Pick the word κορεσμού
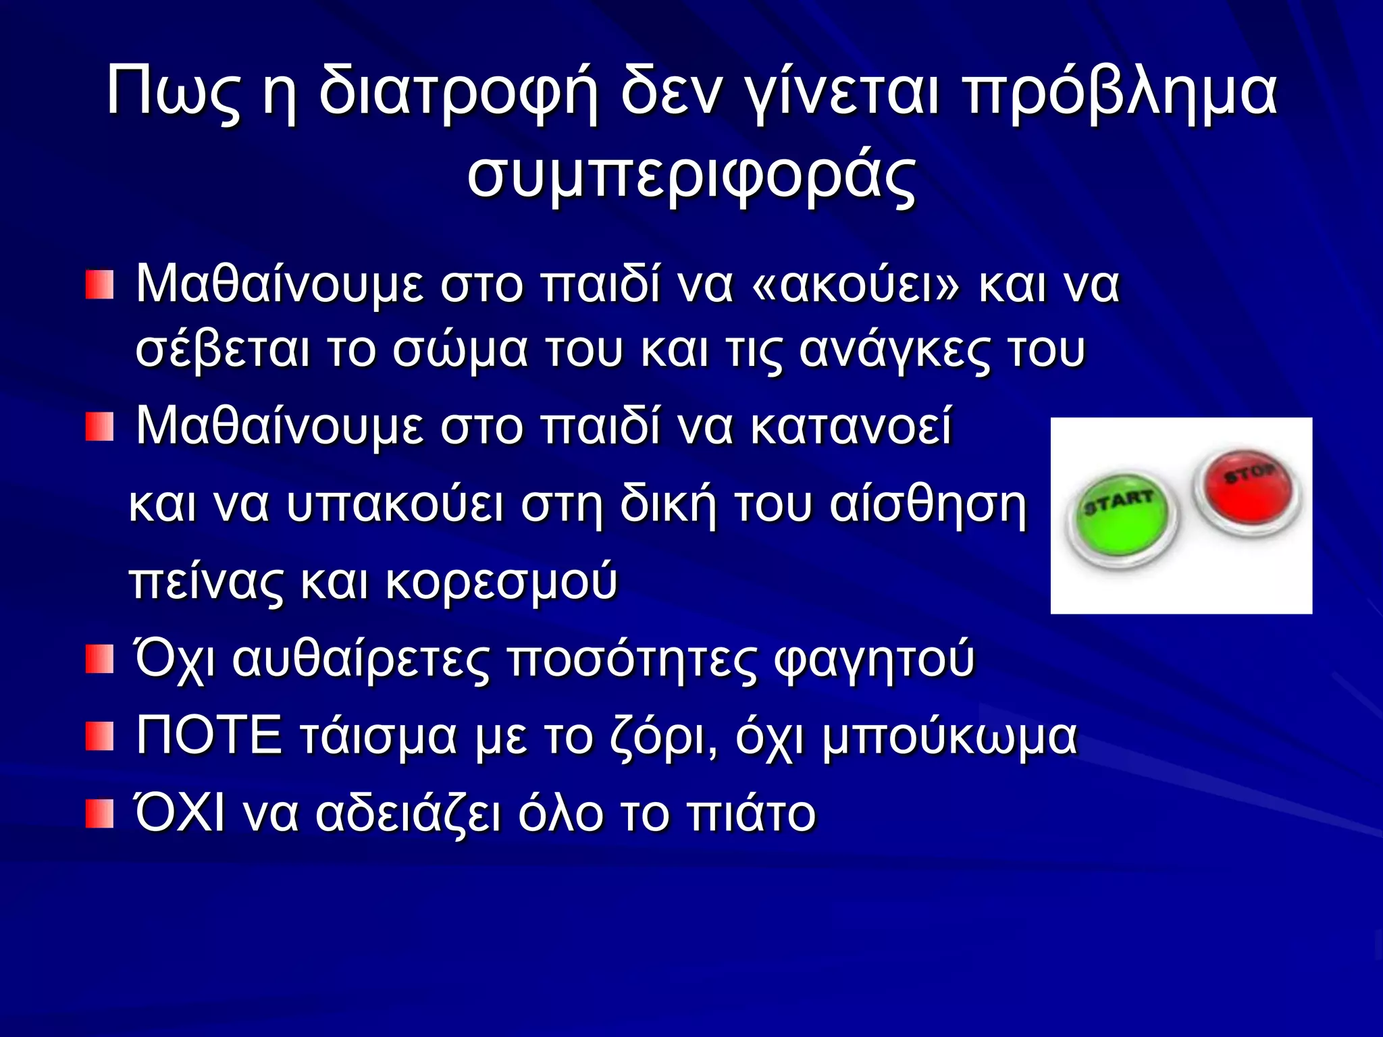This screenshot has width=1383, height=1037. (502, 581)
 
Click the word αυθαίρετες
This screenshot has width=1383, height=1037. (361, 658)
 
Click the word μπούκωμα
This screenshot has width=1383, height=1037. (949, 737)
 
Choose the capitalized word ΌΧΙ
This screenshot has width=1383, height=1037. (180, 813)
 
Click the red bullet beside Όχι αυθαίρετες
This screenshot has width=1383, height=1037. (99, 659)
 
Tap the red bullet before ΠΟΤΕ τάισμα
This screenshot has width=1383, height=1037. (99, 737)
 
